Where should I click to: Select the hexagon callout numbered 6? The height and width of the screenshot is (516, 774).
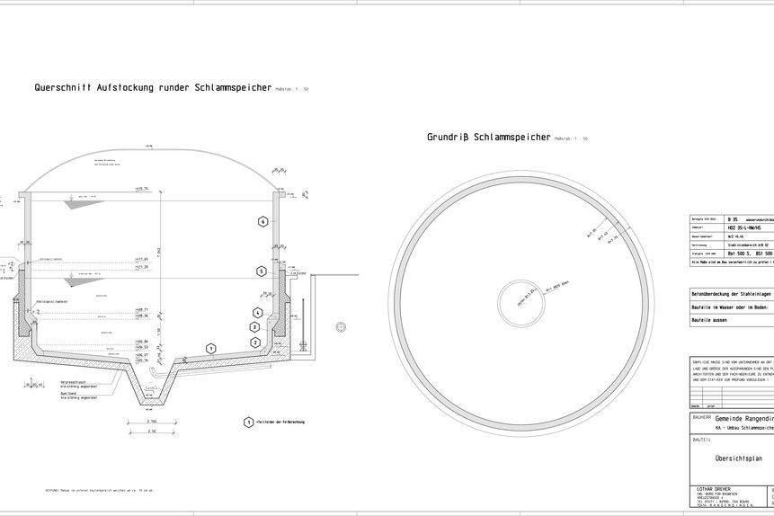click(262, 221)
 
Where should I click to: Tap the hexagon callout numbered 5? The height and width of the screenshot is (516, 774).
click(261, 271)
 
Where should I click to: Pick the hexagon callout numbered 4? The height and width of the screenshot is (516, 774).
click(257, 312)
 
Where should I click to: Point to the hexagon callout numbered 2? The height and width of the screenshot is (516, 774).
click(255, 343)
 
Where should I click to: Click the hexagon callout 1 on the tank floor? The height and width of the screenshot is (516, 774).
click(210, 347)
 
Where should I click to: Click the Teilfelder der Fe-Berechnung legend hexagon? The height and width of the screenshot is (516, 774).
click(248, 421)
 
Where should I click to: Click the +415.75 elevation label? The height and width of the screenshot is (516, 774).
click(141, 189)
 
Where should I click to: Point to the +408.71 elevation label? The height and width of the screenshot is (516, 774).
click(141, 308)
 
